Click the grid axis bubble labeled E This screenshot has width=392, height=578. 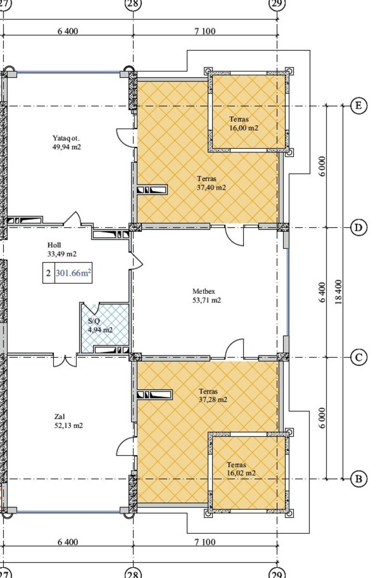click(358, 105)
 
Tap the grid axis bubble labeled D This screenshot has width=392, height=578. click(358, 228)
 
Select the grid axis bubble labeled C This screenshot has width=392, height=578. click(358, 357)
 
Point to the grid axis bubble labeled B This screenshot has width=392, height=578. click(358, 479)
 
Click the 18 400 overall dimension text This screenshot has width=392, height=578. click(339, 292)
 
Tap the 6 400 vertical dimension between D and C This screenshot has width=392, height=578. click(322, 292)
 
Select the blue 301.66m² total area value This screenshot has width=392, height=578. click(73, 273)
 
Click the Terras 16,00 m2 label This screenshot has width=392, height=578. click(244, 123)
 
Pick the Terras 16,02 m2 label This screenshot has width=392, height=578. click(241, 469)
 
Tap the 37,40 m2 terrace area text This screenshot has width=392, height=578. click(211, 187)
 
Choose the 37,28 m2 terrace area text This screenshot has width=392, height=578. click(213, 400)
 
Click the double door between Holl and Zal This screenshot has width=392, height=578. click(65, 361)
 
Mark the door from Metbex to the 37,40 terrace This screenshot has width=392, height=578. click(235, 235)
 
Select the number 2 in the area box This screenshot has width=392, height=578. click(49, 273)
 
